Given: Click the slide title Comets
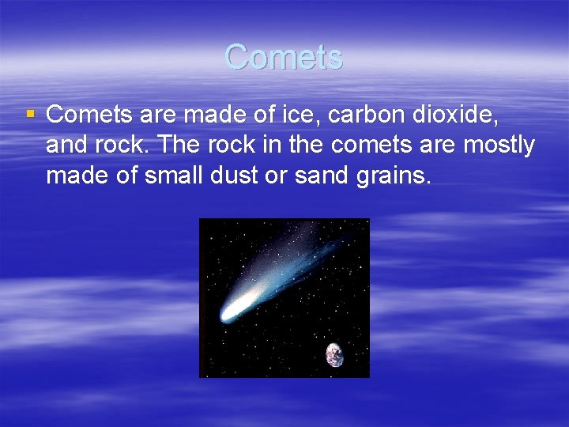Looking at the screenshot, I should [284, 57].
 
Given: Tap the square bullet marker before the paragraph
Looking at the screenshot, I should [30, 115].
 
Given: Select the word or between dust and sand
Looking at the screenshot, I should [278, 176].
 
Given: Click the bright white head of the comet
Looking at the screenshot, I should [232, 313].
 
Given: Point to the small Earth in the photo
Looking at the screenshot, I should [335, 354].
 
